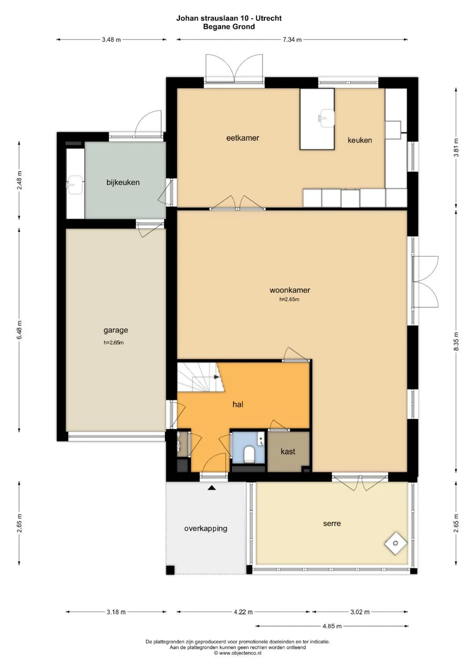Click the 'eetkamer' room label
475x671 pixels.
click(x=243, y=138)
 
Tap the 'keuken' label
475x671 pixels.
click(x=360, y=140)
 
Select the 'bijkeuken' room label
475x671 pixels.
click(x=123, y=182)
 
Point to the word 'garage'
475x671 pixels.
click(x=116, y=330)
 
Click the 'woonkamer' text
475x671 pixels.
click(x=290, y=290)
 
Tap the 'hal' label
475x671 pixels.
click(x=238, y=404)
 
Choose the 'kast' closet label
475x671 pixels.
click(x=288, y=451)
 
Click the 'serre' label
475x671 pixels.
click(x=332, y=524)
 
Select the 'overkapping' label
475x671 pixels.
click(x=206, y=529)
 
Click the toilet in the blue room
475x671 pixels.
click(x=249, y=455)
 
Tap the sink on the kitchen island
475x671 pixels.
click(x=325, y=117)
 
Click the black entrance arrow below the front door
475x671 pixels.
click(x=212, y=488)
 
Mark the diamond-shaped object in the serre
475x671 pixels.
click(x=395, y=544)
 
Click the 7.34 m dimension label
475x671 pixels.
click(x=292, y=40)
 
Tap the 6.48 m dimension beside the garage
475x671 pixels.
click(x=19, y=330)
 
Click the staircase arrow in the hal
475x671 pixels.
click(x=216, y=377)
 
